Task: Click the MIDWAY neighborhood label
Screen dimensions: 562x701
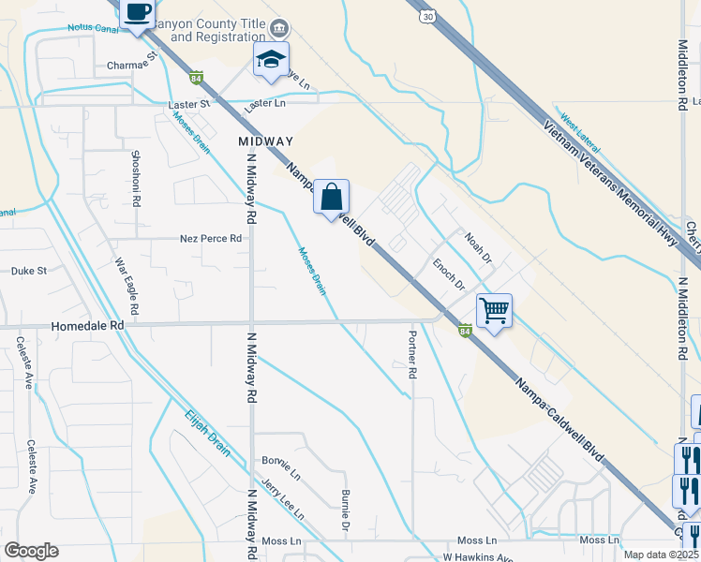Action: pos(266,141)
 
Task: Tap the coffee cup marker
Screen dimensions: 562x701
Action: pos(139,13)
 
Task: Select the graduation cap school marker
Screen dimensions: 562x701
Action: pos(271,59)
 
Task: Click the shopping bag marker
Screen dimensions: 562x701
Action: pos(331,198)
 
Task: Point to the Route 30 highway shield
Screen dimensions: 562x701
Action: pos(427,17)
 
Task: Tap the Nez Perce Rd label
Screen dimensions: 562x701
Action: pos(211,239)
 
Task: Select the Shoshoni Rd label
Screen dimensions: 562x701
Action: pos(136,178)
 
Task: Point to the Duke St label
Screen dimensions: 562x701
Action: pos(29,271)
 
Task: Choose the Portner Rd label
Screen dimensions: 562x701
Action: pos(411,353)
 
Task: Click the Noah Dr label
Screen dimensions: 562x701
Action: pos(477,247)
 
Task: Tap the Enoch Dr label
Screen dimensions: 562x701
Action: pos(448,273)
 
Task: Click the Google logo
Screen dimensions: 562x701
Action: pos(31,551)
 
